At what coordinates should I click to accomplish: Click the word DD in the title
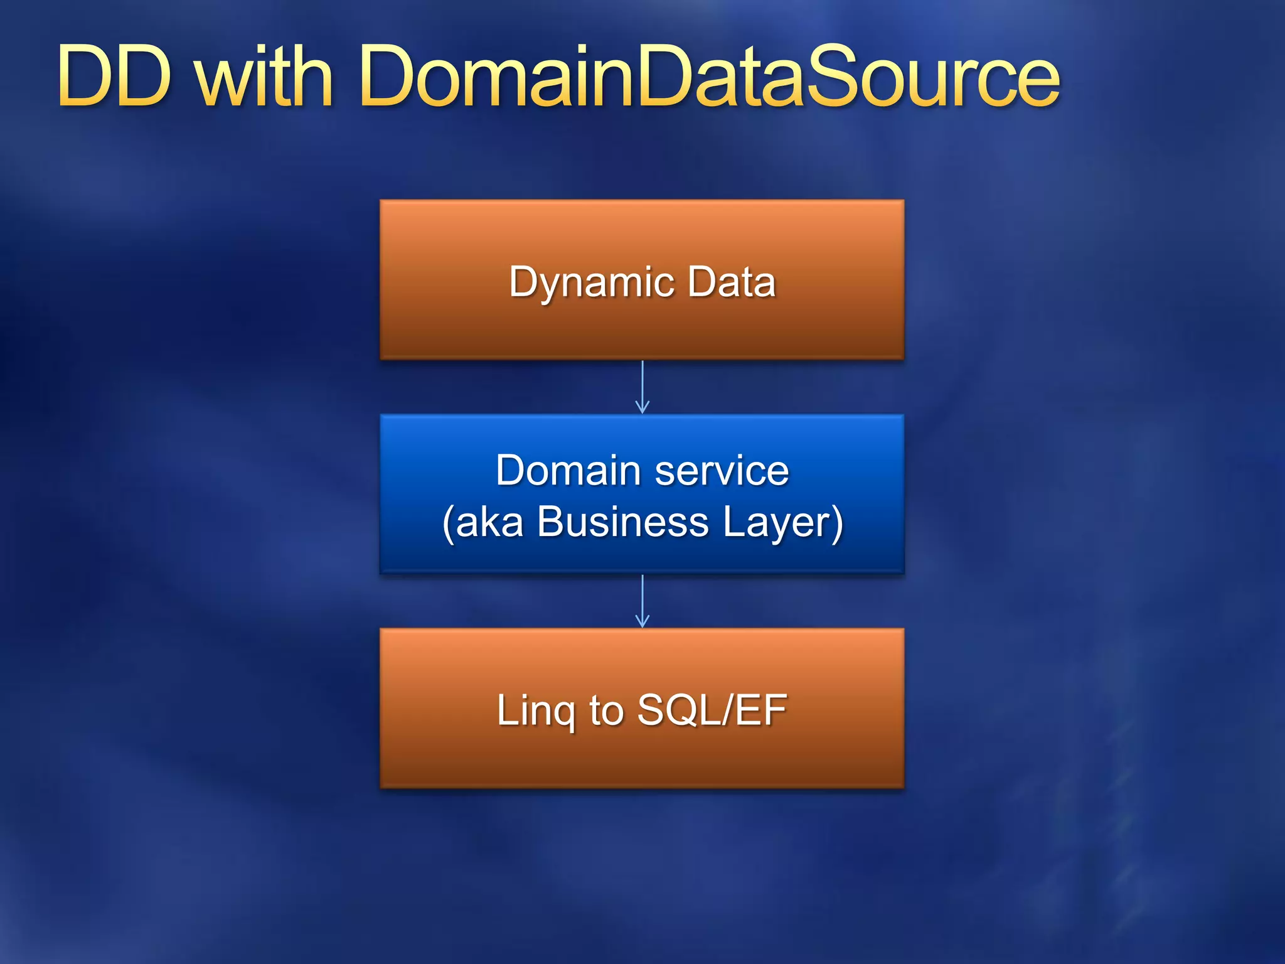pos(114,77)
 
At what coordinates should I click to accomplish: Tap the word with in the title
pos(264,77)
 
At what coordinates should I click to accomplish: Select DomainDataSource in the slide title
pos(710,77)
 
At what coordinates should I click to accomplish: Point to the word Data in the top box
pos(731,282)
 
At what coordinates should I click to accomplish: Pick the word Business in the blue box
pos(622,522)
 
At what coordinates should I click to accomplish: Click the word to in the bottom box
pos(606,710)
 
